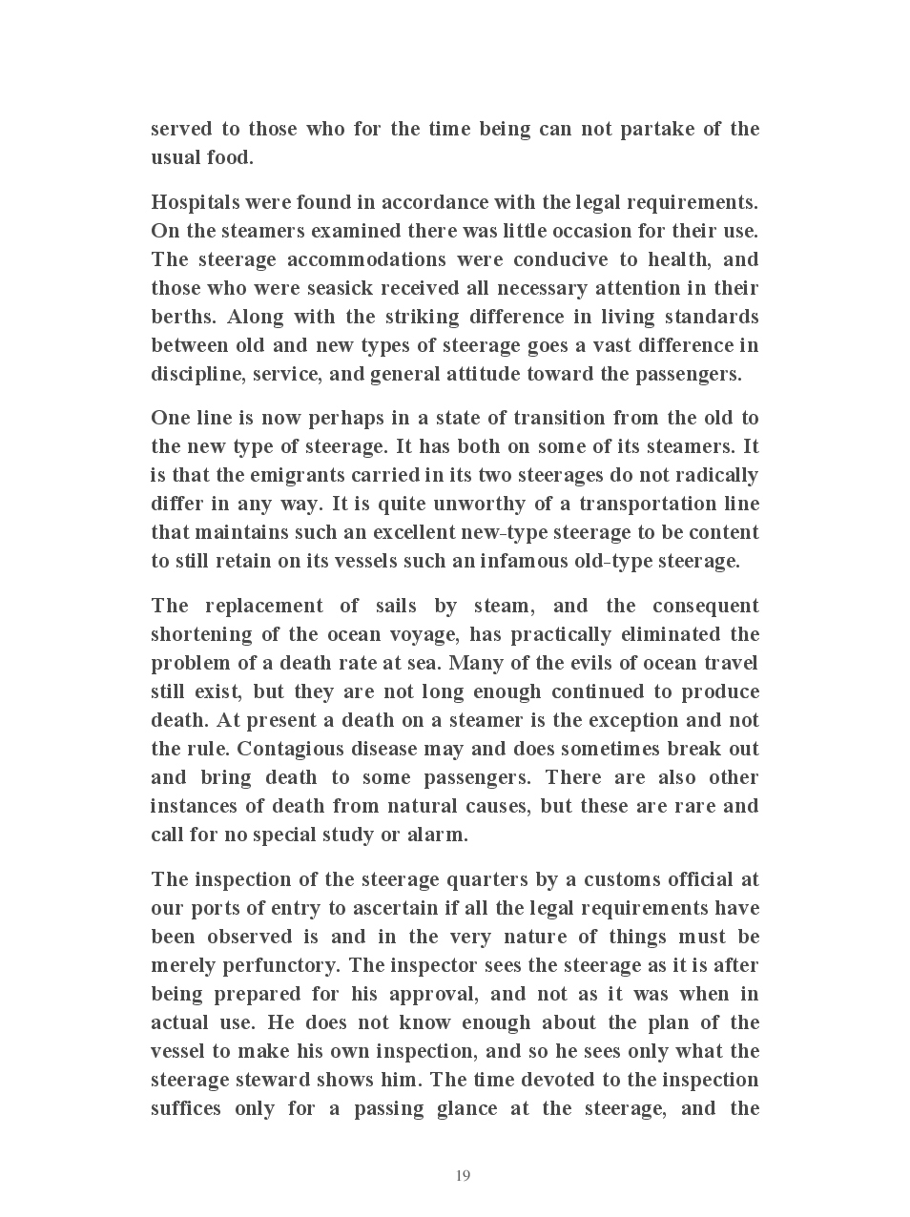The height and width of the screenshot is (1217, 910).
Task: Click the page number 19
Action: pyautogui.click(x=463, y=1175)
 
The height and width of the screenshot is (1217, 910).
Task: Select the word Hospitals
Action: pyautogui.click(x=195, y=203)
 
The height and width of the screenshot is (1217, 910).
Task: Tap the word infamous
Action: pyautogui.click(x=523, y=561)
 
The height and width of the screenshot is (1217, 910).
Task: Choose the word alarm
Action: pyautogui.click(x=436, y=835)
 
